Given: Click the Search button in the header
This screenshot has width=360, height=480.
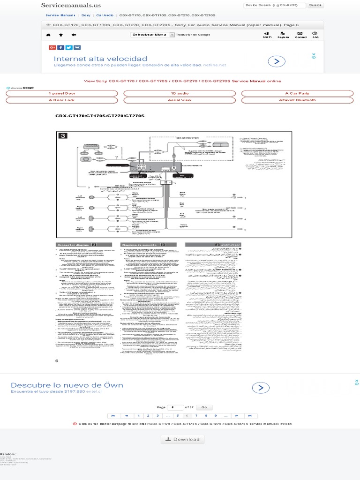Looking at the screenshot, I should point(315,5).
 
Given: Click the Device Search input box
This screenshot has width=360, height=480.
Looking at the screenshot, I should point(274,5).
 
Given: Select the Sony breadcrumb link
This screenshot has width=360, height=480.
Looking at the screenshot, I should point(86,15).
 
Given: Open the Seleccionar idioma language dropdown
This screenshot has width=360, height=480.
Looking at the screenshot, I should point(152,35).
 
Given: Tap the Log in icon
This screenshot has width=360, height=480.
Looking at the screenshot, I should point(267,35).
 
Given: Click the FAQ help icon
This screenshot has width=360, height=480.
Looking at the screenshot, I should point(315,35).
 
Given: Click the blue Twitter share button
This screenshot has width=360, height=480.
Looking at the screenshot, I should point(68,47).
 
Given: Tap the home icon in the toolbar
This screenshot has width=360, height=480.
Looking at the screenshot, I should point(48,35).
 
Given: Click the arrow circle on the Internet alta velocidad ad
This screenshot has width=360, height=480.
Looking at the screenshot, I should point(277,61).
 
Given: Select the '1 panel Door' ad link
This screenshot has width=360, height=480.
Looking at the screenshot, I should point(62,93).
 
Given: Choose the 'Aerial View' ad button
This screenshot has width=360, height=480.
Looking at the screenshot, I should point(180,100).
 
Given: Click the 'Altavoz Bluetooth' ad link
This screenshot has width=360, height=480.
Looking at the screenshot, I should point(297,100).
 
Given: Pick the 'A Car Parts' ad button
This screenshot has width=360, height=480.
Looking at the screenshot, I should point(297,93).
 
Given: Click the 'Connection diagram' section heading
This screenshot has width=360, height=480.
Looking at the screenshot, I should point(73,245).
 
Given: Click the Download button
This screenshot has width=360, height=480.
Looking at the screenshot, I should point(182,439).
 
